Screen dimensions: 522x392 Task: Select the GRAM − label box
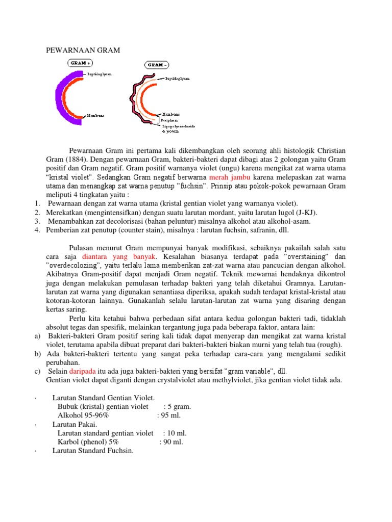(158, 65)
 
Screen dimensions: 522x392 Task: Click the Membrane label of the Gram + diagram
(96, 115)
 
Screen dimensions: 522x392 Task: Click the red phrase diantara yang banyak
(118, 257)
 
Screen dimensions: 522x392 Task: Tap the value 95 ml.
(170, 415)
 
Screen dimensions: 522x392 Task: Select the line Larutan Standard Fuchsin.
(92, 450)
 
